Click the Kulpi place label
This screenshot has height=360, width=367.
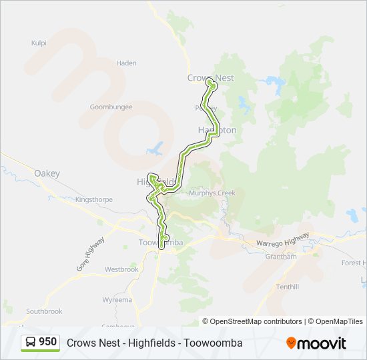pos(39,43)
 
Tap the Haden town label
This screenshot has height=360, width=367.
pos(126,63)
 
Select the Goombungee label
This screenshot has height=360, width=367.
pos(111,107)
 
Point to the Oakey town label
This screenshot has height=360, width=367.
pos(47,174)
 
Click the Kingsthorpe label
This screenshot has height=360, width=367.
pos(94,199)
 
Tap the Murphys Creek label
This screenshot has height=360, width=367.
pos(212,193)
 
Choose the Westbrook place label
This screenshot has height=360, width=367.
pos(121,269)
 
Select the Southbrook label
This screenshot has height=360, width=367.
pos(44,311)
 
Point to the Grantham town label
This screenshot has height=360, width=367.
pos(280,257)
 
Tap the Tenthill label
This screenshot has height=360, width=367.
pos(288,287)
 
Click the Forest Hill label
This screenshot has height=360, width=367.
pos(354,263)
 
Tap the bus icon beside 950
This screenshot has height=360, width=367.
pos(30,343)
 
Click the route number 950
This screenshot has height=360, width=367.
pos(48,342)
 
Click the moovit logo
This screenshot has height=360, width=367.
pos(316,343)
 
